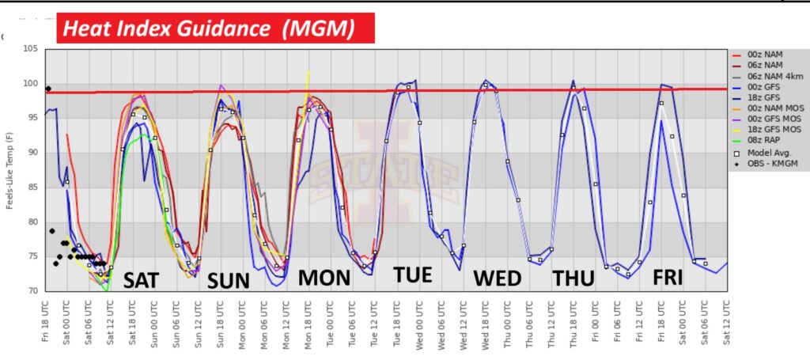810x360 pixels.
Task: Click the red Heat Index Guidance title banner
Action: [214, 29]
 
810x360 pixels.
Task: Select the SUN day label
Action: [228, 281]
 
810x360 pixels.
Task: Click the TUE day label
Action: [413, 275]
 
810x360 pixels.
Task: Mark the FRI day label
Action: [673, 278]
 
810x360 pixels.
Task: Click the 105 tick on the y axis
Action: [31, 49]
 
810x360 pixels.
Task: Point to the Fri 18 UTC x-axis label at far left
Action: [45, 320]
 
